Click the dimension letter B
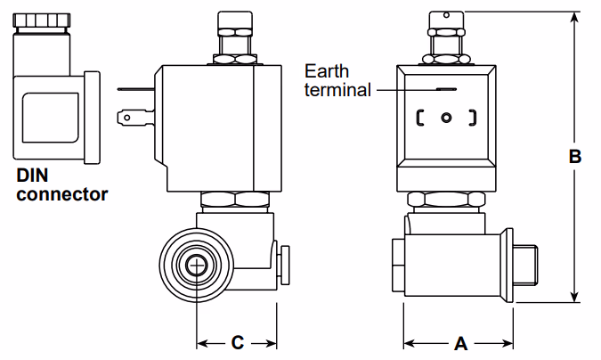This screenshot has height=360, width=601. click(574, 157)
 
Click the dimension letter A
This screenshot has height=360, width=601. click(460, 342)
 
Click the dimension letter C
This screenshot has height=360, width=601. click(238, 342)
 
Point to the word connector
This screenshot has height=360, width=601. click(61, 193)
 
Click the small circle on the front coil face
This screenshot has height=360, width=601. click(446, 117)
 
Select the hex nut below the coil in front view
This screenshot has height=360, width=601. click(445, 200)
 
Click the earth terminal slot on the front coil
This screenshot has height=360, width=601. click(446, 89)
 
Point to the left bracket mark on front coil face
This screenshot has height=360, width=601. click(419, 117)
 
